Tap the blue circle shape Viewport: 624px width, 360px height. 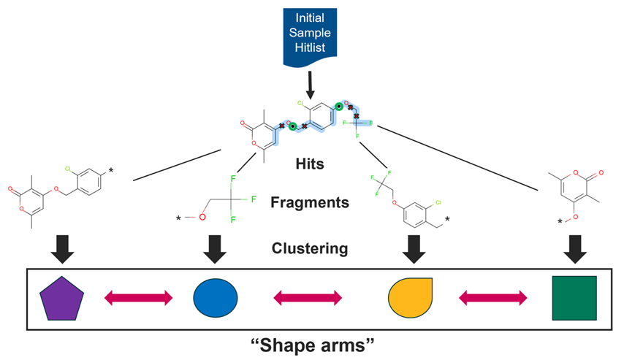coord(216,297)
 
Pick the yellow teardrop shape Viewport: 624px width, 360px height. coord(408,297)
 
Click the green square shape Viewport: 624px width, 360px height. coord(574,297)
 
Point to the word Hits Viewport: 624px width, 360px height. coord(311,164)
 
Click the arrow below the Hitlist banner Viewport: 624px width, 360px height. coord(309,85)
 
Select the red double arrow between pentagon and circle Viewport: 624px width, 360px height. coord(139,297)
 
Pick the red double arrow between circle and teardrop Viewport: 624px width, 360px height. coord(307,297)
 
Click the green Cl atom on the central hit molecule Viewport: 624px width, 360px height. coord(300,104)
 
